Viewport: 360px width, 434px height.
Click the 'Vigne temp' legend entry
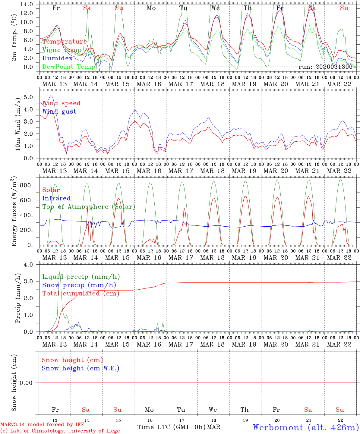(62, 50)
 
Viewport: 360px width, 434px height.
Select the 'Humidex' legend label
(57, 58)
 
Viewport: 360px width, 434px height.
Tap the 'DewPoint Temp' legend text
(69, 67)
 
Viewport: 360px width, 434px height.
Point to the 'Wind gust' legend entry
(59, 112)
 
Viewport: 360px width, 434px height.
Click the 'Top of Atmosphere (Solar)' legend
(89, 207)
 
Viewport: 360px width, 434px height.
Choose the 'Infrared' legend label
(56, 198)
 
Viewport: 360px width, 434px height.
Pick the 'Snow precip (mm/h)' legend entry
(79, 285)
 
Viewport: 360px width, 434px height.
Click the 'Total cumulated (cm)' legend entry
(81, 293)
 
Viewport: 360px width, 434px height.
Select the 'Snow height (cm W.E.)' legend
(81, 368)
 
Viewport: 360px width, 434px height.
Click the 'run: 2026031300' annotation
(325, 67)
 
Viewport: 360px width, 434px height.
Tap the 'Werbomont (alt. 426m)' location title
(306, 427)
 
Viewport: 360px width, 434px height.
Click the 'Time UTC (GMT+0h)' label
(172, 427)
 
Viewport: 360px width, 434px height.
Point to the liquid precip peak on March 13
(60, 270)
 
